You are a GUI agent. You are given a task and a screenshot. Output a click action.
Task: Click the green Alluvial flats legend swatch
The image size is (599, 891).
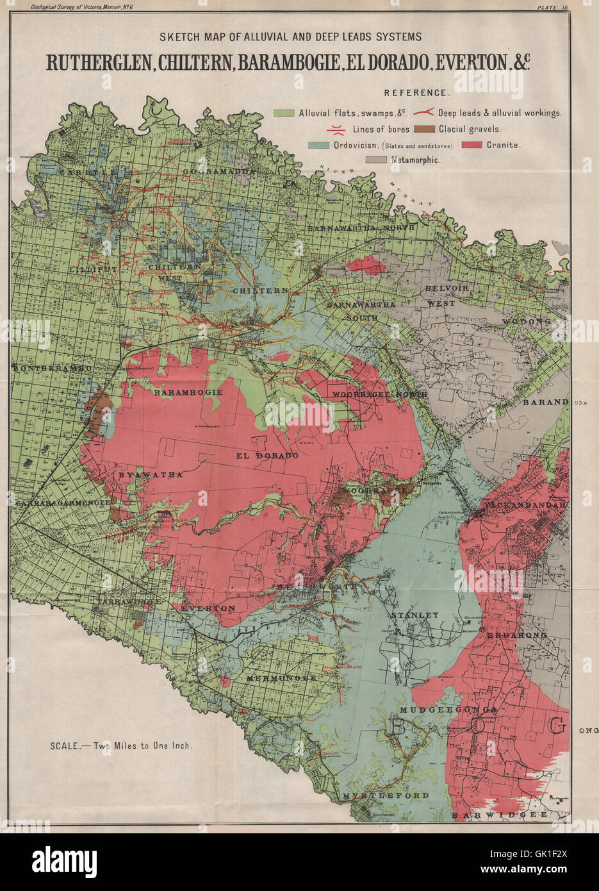pos(284,113)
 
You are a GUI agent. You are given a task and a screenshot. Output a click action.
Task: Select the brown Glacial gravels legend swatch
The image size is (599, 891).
pos(424,129)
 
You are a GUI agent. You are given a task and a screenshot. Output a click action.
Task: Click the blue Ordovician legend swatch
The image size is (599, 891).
pos(319,145)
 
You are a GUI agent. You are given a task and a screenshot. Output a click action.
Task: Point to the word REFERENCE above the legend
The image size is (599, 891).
pos(416,93)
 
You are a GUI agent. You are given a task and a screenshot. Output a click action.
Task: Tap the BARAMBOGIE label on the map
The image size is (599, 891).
pos(188,392)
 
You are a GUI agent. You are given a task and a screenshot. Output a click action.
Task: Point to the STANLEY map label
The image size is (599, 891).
pos(414,615)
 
